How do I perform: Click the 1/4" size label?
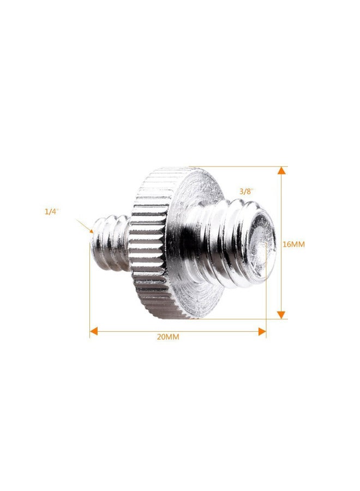pos(51,212)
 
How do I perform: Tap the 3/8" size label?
pos(247,191)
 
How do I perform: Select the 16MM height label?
pos(293,244)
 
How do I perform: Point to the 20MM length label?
pos(168,337)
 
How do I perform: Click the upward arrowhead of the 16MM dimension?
pos(281,171)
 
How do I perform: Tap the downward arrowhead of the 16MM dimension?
pos(281,315)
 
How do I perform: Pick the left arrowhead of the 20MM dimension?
pos(94,331)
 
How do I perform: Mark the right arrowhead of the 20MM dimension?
pos(262,331)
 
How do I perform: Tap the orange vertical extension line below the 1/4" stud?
pos(90,295)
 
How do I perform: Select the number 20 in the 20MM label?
pos(161,337)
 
